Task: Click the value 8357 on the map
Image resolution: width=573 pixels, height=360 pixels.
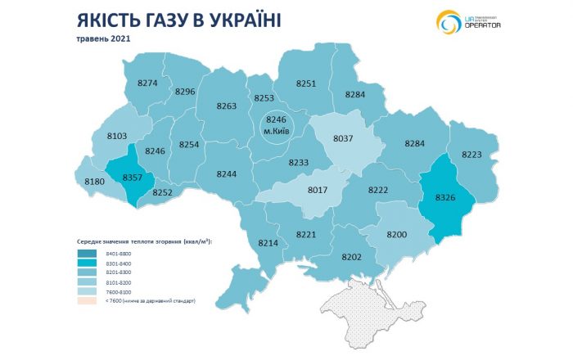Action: pyautogui.click(x=132, y=177)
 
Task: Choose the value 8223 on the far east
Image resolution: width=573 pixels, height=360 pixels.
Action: pyautogui.click(x=477, y=155)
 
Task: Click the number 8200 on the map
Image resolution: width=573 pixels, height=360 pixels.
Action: pyautogui.click(x=397, y=234)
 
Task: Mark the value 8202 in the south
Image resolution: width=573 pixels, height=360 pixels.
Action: pyautogui.click(x=351, y=257)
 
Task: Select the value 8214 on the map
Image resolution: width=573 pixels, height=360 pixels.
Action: pyautogui.click(x=268, y=244)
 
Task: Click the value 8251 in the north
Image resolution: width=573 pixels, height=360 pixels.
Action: pyautogui.click(x=306, y=83)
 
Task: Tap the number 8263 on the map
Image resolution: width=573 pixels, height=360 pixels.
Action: pyautogui.click(x=227, y=106)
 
